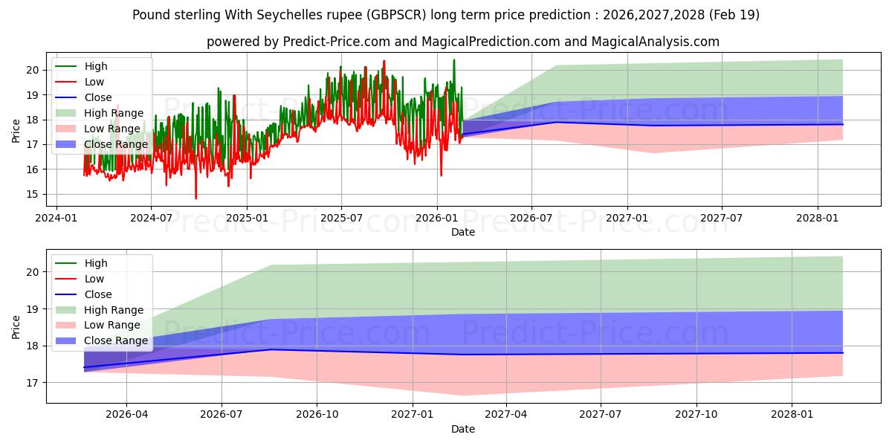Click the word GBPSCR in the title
(x=395, y=15)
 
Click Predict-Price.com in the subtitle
(x=337, y=42)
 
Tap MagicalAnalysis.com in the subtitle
(x=655, y=42)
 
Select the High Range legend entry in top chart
(x=99, y=113)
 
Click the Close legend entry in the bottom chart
(x=83, y=294)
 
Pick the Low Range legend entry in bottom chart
(x=97, y=325)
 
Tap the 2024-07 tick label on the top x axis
(x=152, y=219)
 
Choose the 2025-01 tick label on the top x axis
(x=247, y=219)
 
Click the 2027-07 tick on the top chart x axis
(x=722, y=219)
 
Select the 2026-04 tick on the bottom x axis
(x=126, y=414)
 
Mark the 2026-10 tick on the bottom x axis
(x=317, y=414)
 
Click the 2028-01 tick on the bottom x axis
(x=792, y=414)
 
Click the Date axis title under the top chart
(x=463, y=232)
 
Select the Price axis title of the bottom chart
(x=16, y=327)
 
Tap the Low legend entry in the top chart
(x=80, y=82)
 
